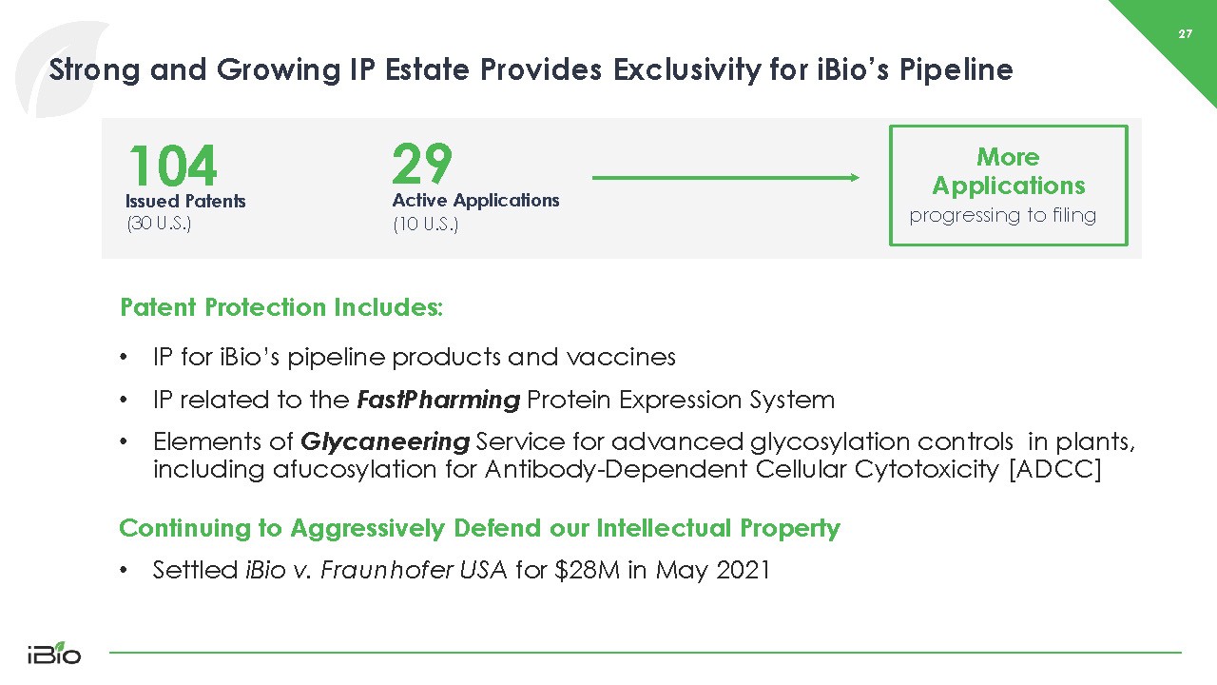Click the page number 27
coord(1185,33)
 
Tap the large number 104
coord(173,165)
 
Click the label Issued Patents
coord(185,201)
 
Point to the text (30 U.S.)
coord(159,224)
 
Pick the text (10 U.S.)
coord(425,224)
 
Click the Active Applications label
coord(475,201)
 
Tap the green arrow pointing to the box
coord(725,178)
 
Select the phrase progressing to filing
coord(1003,216)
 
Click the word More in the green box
coord(1008,157)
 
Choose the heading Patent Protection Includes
coord(281,307)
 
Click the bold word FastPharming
coord(438,401)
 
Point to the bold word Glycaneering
coord(385,441)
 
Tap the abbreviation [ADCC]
coord(1054,469)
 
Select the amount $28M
coord(588,570)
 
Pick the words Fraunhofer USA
coord(414,570)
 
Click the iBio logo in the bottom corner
coord(54,653)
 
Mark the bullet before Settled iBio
coord(124,570)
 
